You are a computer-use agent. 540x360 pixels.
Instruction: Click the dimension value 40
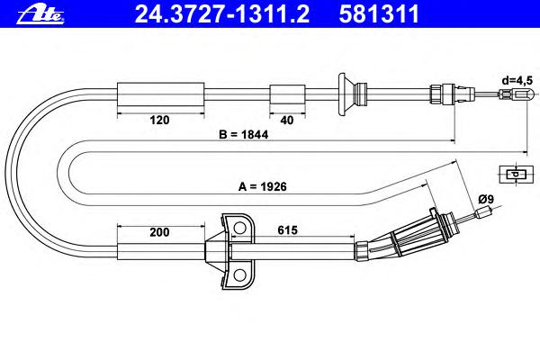pyautogui.click(x=286, y=118)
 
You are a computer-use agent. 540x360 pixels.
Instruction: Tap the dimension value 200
pyautogui.click(x=160, y=232)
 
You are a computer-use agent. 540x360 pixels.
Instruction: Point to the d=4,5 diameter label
pyautogui.click(x=517, y=79)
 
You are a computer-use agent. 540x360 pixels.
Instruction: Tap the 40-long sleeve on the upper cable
pyautogui.click(x=286, y=93)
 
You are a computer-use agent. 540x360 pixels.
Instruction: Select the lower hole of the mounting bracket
pyautogui.click(x=238, y=274)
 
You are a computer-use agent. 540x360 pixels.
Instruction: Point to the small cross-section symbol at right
pyautogui.click(x=515, y=175)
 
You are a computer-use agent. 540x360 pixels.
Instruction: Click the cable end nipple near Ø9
pyautogui.click(x=487, y=214)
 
